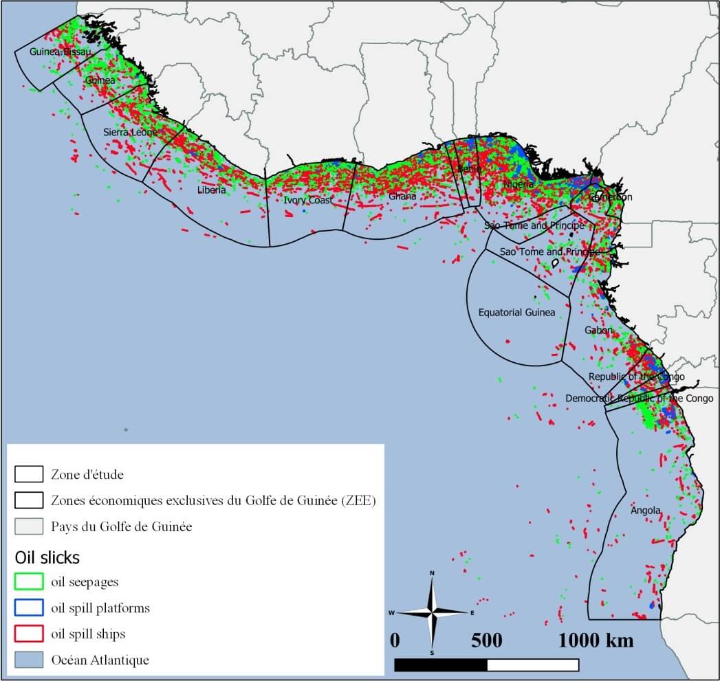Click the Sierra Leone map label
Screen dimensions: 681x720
click(130, 132)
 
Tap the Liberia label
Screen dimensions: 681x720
click(211, 190)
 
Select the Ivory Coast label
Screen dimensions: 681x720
click(308, 200)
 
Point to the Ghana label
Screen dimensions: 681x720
click(402, 197)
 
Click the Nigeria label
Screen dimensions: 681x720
click(518, 185)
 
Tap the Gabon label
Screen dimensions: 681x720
click(598, 331)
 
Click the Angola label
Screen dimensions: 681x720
click(646, 511)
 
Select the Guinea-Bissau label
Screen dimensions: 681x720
click(61, 52)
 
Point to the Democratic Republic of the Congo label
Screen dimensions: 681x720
click(639, 399)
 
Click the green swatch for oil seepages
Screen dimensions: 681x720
click(29, 582)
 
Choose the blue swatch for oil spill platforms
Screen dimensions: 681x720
click(29, 608)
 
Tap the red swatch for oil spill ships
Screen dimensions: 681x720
click(29, 634)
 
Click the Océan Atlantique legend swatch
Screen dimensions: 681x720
click(29, 660)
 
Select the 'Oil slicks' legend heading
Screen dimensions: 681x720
click(47, 557)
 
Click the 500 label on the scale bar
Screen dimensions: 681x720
click(487, 640)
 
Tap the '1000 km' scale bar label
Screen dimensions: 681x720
click(596, 640)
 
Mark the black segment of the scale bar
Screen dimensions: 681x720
click(441, 665)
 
